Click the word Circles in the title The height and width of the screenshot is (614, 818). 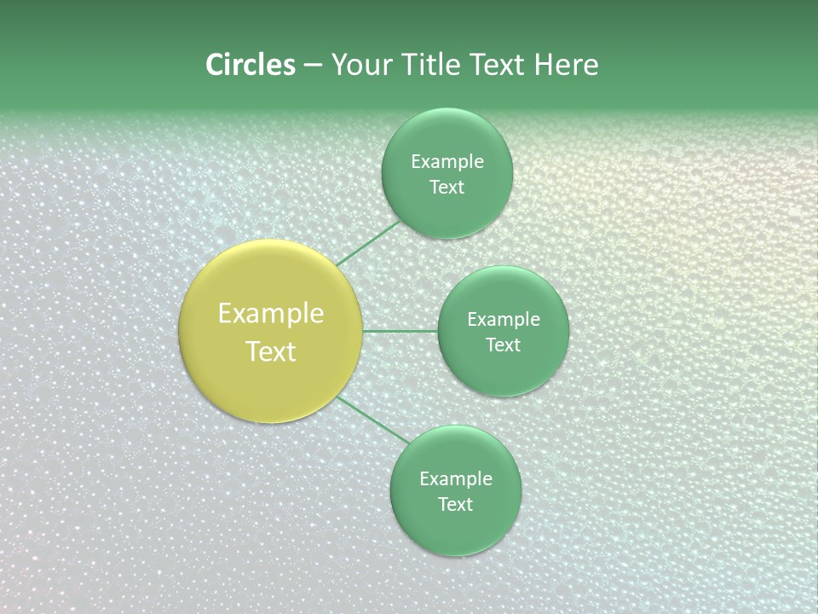click(251, 65)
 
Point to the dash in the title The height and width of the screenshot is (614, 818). click(313, 66)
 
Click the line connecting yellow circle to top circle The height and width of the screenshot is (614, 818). click(369, 243)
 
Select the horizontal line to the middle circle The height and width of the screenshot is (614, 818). click(400, 331)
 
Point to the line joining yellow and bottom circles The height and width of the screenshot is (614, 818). click(372, 420)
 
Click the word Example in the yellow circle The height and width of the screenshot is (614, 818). click(271, 314)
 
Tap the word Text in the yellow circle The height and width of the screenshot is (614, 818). click(271, 351)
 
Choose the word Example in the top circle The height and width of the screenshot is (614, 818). click(446, 162)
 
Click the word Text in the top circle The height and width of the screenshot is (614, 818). click(446, 188)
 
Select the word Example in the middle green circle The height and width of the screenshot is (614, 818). click(503, 320)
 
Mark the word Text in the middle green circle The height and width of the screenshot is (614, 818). click(503, 345)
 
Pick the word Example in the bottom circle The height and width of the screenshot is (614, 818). click(455, 479)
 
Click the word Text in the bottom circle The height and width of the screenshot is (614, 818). click(455, 505)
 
